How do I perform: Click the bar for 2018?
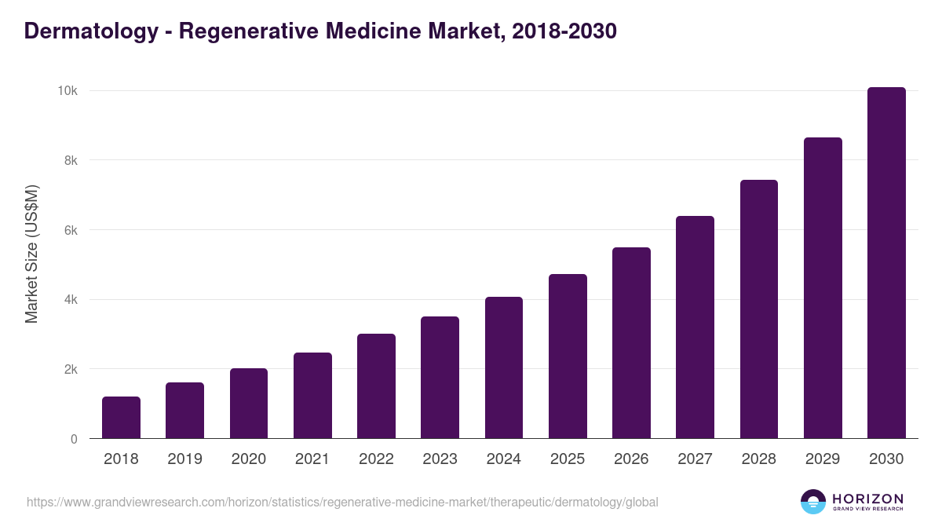pyautogui.click(x=121, y=418)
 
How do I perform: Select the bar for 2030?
pyautogui.click(x=886, y=263)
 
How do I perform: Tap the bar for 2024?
pyautogui.click(x=504, y=367)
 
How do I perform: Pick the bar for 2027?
pyautogui.click(x=695, y=327)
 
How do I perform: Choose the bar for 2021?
pyautogui.click(x=312, y=396)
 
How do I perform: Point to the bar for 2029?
pyautogui.click(x=823, y=288)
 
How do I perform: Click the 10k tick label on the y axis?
pyautogui.click(x=68, y=91)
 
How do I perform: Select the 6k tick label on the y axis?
pyautogui.click(x=71, y=230)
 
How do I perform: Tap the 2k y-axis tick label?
pyautogui.click(x=71, y=369)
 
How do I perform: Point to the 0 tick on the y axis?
pyautogui.click(x=74, y=439)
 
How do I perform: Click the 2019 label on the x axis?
pyautogui.click(x=184, y=459)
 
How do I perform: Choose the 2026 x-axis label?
pyautogui.click(x=631, y=459)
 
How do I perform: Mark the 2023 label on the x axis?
pyautogui.click(x=440, y=459)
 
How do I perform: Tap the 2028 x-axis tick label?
pyautogui.click(x=759, y=459)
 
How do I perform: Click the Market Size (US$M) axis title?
pyautogui.click(x=31, y=254)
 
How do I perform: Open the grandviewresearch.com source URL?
pyautogui.click(x=342, y=502)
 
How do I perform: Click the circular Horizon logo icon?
pyautogui.click(x=813, y=502)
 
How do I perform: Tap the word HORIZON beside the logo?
pyautogui.click(x=867, y=498)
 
